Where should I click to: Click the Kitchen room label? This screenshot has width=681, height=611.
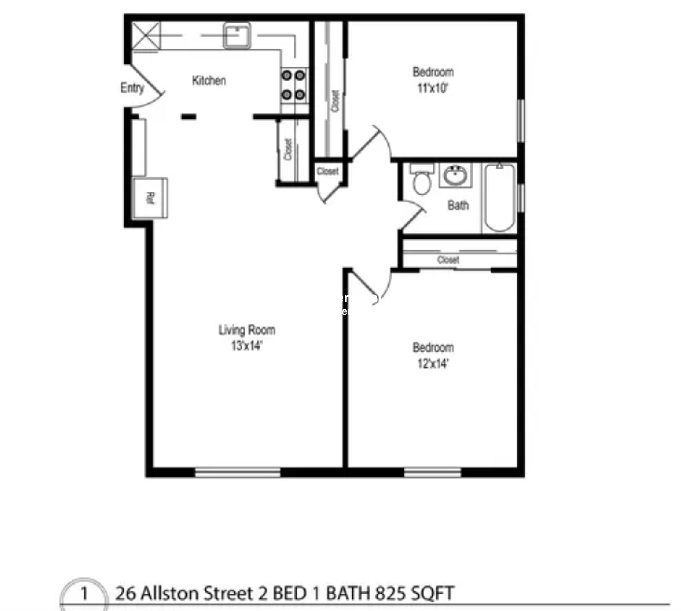tap(209, 81)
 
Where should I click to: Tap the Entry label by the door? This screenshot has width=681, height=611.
tap(132, 88)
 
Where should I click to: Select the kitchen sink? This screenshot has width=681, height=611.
tap(237, 36)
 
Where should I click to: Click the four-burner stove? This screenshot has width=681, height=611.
tap(294, 85)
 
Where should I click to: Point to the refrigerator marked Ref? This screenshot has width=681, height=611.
tap(150, 198)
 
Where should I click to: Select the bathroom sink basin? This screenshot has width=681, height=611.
tap(455, 175)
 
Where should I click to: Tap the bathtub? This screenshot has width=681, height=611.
tap(499, 198)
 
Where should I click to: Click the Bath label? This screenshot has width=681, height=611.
tap(458, 206)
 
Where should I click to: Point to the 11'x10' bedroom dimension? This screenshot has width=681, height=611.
tap(433, 88)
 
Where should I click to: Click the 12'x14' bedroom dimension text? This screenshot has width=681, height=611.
tap(433, 364)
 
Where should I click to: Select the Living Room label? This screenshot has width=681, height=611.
tap(247, 330)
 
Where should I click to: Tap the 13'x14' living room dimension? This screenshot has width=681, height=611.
tap(246, 346)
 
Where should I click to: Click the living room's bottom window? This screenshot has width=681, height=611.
tap(237, 472)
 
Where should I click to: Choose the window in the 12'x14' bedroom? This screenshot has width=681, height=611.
tap(432, 472)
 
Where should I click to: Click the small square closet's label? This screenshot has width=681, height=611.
tap(328, 171)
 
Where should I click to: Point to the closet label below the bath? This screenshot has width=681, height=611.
tap(448, 260)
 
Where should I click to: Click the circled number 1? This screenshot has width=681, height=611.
tap(84, 594)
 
